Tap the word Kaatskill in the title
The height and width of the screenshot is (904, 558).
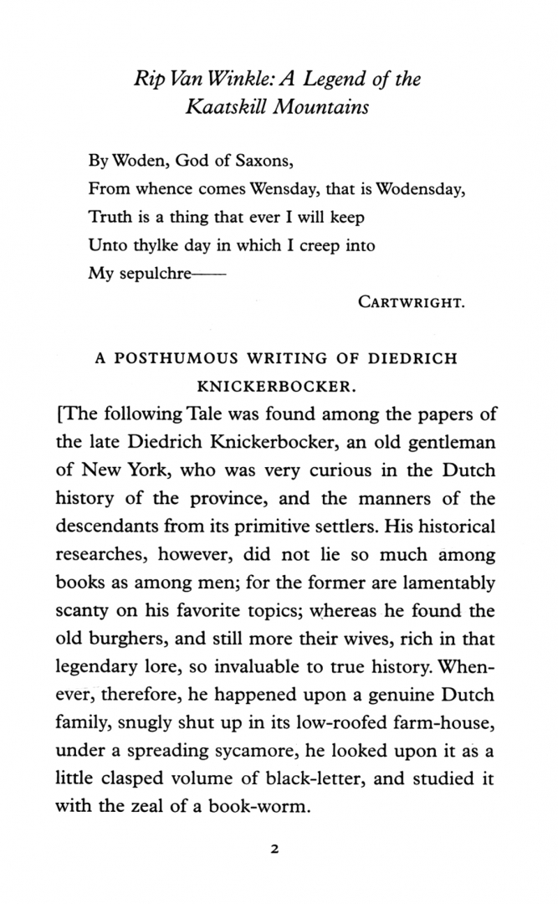(223, 108)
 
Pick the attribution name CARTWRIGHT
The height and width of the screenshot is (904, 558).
(410, 302)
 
